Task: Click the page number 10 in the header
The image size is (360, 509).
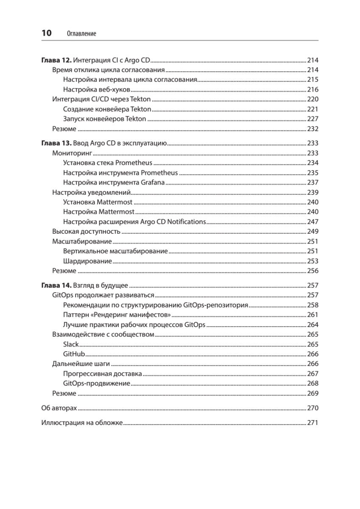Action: coord(46,33)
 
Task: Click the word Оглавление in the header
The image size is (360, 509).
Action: coord(81,34)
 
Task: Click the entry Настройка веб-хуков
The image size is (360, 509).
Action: coord(96,90)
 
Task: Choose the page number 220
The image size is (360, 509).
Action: coord(312,100)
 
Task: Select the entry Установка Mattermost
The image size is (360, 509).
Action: coord(98,202)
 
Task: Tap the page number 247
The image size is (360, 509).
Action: coord(312,222)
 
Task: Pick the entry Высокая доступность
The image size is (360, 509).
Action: coord(87,232)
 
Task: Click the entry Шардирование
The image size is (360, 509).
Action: coord(87,261)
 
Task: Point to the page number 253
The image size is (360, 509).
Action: coord(312,261)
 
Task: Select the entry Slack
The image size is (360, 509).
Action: coord(71,344)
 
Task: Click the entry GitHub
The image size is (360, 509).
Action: coord(74,354)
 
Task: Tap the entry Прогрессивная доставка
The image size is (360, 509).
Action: coord(102,374)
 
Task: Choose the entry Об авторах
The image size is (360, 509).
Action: coord(59,408)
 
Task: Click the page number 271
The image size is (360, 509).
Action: coord(312,423)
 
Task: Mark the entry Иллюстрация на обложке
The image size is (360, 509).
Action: coord(82,423)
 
